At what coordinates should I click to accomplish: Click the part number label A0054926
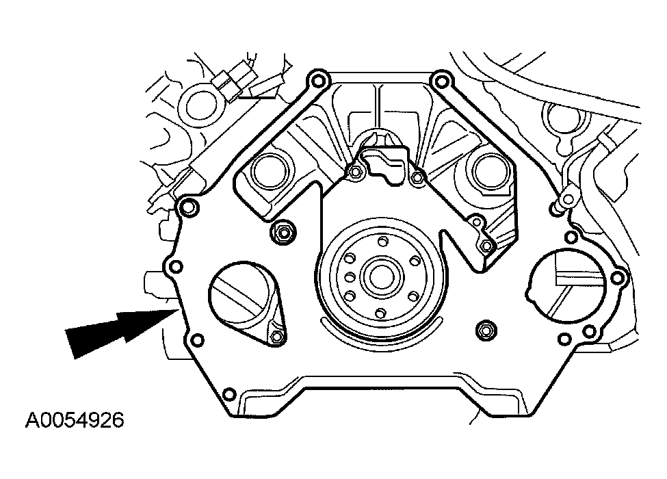pyautogui.click(x=75, y=419)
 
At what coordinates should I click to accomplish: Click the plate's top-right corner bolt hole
pyautogui.click(x=441, y=83)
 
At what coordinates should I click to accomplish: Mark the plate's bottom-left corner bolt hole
pyautogui.click(x=229, y=394)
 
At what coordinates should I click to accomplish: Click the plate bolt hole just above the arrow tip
pyautogui.click(x=174, y=266)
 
